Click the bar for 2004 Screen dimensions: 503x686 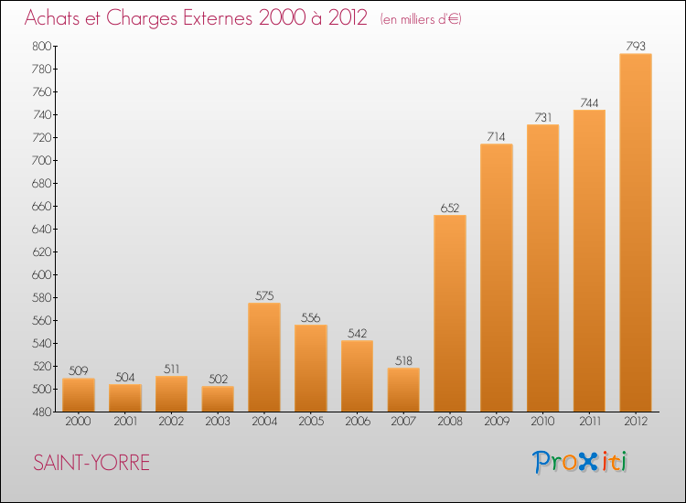(264, 357)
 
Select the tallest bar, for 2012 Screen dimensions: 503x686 (636, 232)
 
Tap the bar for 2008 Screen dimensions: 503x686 (450, 313)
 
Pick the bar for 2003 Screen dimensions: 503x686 (218, 399)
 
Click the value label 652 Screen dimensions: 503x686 (450, 208)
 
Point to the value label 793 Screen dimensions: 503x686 (636, 47)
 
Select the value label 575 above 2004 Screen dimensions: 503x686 (264, 295)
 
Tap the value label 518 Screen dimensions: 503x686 (403, 361)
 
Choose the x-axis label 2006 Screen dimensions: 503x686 (357, 422)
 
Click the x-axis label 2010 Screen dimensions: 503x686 (542, 422)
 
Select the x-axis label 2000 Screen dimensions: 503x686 (78, 422)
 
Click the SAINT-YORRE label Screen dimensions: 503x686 (91, 463)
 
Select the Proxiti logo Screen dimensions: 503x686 (581, 462)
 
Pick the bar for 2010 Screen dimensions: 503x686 (542, 267)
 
